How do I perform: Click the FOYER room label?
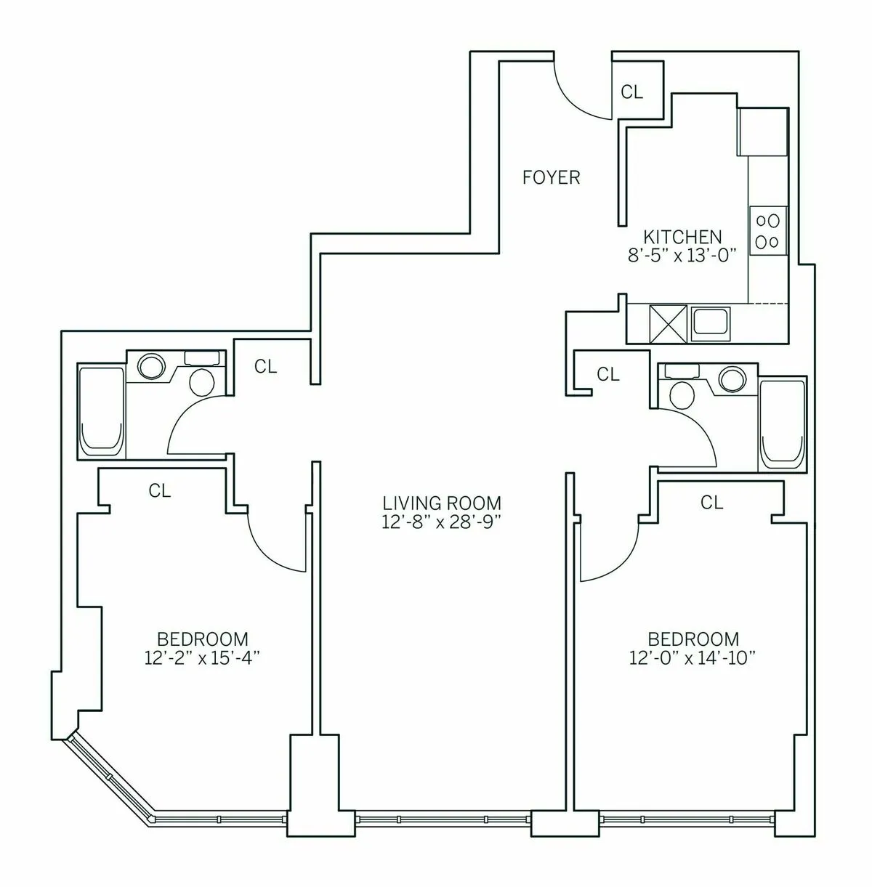pyautogui.click(x=552, y=177)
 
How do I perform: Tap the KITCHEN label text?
pyautogui.click(x=682, y=237)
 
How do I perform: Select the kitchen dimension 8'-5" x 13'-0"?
pyautogui.click(x=682, y=255)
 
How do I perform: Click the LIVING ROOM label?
pyautogui.click(x=442, y=503)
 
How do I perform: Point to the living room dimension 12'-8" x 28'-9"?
pyautogui.click(x=442, y=521)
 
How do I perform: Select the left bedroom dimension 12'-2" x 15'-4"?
pyautogui.click(x=203, y=657)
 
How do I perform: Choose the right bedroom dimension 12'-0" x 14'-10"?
pyautogui.click(x=693, y=657)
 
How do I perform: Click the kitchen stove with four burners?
pyautogui.click(x=768, y=230)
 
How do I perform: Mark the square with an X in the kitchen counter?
pyautogui.click(x=668, y=323)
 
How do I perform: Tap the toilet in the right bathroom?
pyautogui.click(x=682, y=393)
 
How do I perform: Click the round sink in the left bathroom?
pyautogui.click(x=152, y=365)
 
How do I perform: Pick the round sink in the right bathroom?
pyautogui.click(x=732, y=378)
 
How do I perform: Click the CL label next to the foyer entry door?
pyautogui.click(x=631, y=92)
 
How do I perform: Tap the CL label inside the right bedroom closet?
pyautogui.click(x=712, y=502)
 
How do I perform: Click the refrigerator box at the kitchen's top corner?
pyautogui.click(x=763, y=132)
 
